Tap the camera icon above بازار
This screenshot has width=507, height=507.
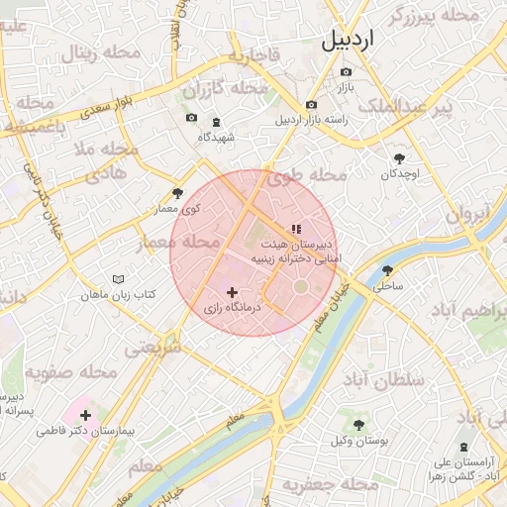(346, 72)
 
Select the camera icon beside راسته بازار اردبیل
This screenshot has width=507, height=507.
(311, 105)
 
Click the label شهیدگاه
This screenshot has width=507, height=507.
(216, 137)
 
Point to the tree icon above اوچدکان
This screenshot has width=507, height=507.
(400, 157)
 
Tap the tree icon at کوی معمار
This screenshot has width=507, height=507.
(178, 193)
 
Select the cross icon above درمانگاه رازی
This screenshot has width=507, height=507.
(233, 292)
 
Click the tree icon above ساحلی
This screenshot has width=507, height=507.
(387, 269)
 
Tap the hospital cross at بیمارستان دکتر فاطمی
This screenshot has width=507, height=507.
(85, 415)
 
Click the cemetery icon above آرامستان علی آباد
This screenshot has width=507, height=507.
(465, 449)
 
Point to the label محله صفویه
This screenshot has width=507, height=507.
(66, 372)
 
